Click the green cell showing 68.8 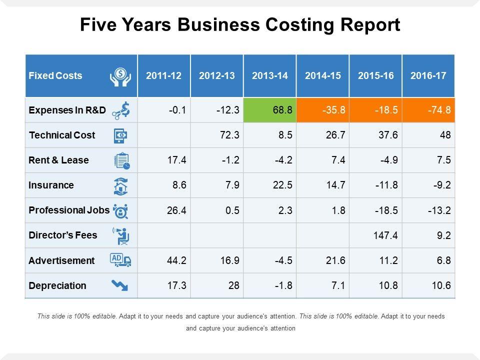(270, 110)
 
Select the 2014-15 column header (323, 76)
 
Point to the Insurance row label (51, 185)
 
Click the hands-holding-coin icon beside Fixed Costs (120, 76)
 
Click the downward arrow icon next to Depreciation (120, 285)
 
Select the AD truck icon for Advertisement (120, 260)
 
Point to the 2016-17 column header (428, 76)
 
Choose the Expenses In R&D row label (67, 110)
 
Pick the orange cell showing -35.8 (323, 110)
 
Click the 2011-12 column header (164, 76)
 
